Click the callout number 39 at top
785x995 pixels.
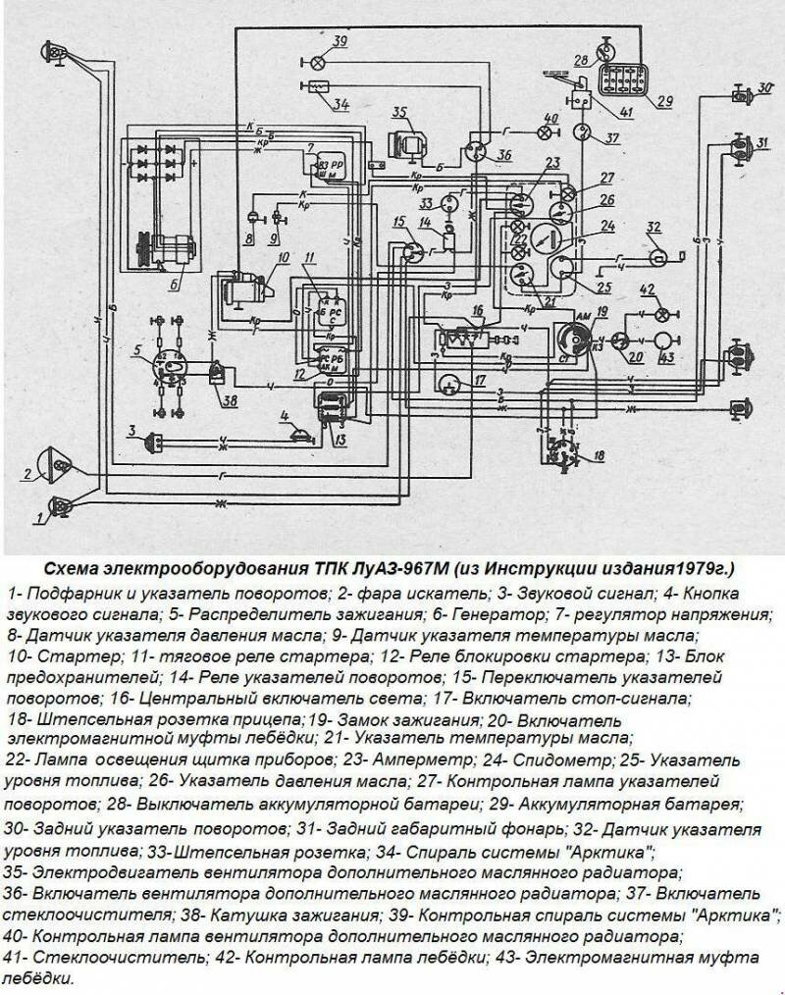(340, 41)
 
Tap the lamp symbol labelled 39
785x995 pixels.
(318, 61)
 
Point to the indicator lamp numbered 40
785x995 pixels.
(546, 131)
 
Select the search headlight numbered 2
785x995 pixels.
(55, 461)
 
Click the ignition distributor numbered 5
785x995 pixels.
(167, 362)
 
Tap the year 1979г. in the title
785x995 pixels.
(706, 568)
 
